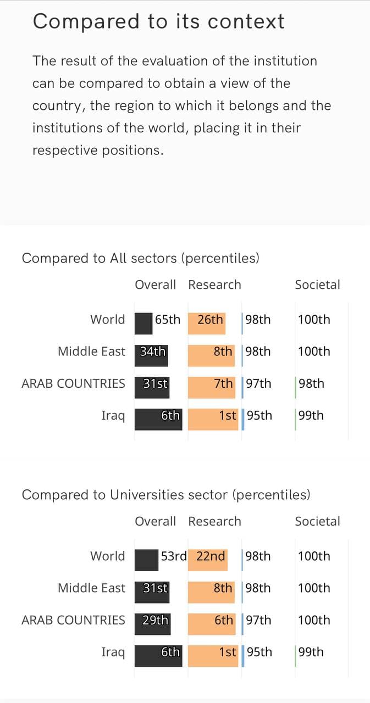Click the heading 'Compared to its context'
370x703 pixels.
click(x=158, y=21)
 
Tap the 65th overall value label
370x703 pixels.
click(x=168, y=320)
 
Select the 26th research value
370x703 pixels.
click(x=211, y=320)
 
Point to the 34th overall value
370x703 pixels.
click(x=152, y=351)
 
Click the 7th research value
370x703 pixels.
click(x=224, y=383)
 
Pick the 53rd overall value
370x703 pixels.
click(x=174, y=556)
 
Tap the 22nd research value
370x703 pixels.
click(x=211, y=556)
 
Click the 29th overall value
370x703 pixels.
click(x=155, y=620)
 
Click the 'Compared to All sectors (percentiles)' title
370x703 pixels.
click(x=140, y=258)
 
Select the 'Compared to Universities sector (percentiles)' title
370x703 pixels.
click(x=166, y=495)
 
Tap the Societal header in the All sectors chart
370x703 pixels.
click(x=317, y=284)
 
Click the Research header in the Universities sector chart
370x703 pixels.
click(x=214, y=521)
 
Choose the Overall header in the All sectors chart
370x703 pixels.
click(x=156, y=284)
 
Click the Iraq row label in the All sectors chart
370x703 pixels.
click(x=113, y=416)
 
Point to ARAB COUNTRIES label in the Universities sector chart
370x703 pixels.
click(x=73, y=620)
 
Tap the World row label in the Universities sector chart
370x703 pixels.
click(x=108, y=556)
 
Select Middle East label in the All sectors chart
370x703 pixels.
click(x=91, y=351)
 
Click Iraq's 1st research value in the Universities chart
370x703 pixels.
click(x=228, y=652)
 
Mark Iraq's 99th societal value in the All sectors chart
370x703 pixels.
click(x=311, y=416)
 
